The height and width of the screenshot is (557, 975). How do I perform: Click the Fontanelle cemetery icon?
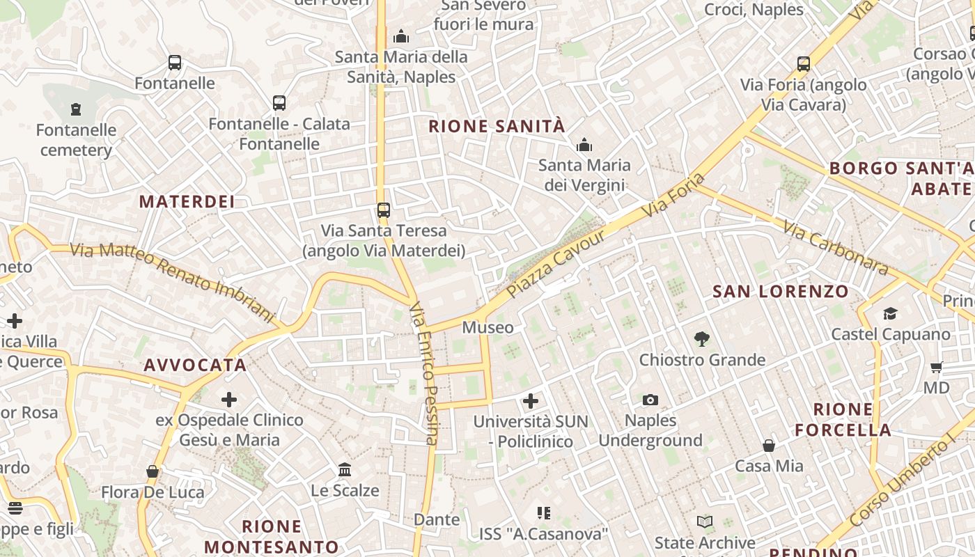(x=76, y=109)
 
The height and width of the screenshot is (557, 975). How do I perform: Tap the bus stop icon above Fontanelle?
(x=175, y=63)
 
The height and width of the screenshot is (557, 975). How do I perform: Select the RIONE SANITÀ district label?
(x=497, y=126)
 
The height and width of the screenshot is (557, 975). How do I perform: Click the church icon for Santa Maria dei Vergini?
(x=584, y=145)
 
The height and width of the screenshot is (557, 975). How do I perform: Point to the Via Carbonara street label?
(x=835, y=248)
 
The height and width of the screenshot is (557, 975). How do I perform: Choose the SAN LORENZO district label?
(x=781, y=291)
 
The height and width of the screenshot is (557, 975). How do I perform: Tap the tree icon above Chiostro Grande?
(x=702, y=339)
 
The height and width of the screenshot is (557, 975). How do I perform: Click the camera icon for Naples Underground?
(x=650, y=400)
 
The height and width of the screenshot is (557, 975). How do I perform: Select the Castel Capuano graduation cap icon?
(x=890, y=313)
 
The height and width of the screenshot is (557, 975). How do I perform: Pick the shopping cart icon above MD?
(x=936, y=367)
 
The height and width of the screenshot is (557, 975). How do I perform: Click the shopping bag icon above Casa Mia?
(x=769, y=445)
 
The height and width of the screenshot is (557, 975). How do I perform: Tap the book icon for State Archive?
(x=705, y=521)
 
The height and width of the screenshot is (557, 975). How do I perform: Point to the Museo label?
(x=487, y=327)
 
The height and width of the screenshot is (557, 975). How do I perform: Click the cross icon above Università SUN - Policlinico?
(x=531, y=400)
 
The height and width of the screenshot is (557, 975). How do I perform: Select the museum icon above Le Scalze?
(x=345, y=469)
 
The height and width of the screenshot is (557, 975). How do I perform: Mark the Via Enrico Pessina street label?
(x=423, y=373)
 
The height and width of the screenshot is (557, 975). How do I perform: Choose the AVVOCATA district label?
(x=195, y=365)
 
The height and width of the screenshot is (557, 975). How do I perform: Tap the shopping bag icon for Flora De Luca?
(x=153, y=471)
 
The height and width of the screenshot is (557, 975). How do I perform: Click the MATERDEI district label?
(x=187, y=202)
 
